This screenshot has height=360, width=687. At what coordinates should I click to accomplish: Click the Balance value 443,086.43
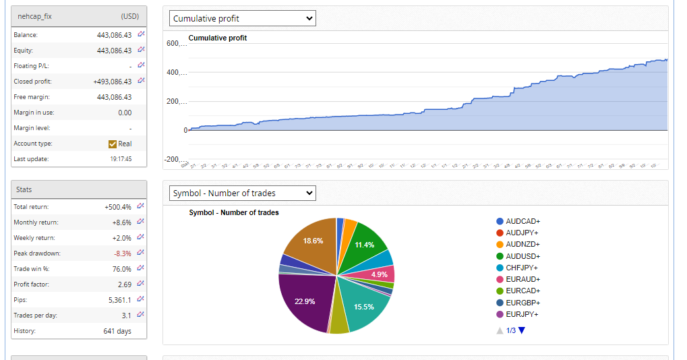[x=114, y=35]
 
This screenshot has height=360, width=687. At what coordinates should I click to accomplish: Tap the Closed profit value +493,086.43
[x=112, y=82]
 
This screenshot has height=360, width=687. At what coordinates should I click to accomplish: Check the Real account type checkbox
[x=113, y=144]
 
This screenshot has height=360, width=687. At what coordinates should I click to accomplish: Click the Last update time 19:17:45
[x=121, y=159]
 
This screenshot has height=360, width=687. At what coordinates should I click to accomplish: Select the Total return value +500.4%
[x=118, y=207]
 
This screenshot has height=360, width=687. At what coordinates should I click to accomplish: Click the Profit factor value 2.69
[x=124, y=284]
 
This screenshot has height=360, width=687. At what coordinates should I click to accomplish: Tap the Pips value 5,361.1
[x=120, y=300]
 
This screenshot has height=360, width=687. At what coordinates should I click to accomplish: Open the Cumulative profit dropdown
[x=242, y=18]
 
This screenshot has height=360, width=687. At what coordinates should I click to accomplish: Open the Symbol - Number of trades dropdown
[x=242, y=193]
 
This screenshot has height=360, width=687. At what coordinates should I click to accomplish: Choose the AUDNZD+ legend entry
[x=522, y=245]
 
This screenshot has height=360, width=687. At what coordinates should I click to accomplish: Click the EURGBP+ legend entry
[x=522, y=303]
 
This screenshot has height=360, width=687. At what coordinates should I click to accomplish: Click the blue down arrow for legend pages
[x=521, y=330]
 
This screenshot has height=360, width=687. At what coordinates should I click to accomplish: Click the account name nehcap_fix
[x=34, y=16]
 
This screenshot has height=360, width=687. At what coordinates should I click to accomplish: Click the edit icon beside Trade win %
[x=141, y=268]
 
